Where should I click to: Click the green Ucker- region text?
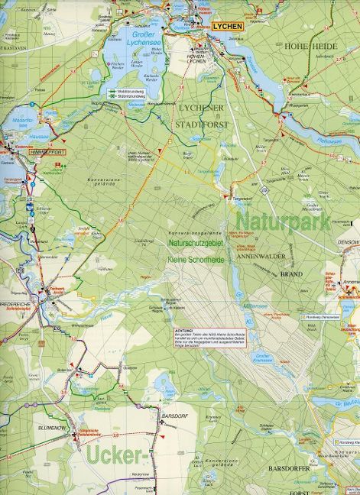pos(116,457)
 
